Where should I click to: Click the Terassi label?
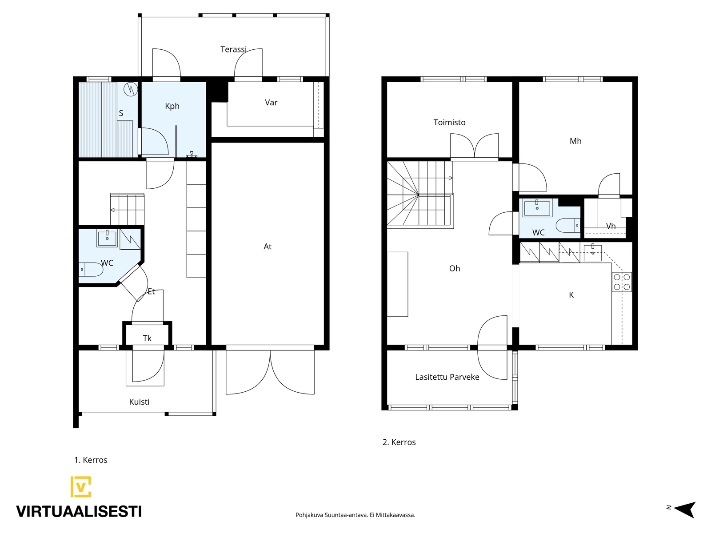(234, 49)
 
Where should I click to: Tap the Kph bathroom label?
(172, 106)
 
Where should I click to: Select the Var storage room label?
(271, 103)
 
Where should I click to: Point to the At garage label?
(268, 247)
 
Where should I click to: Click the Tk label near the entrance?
(147, 338)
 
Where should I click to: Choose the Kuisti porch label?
(139, 402)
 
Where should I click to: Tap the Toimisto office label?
(450, 122)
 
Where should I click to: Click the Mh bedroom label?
(575, 141)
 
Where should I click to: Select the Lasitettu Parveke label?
(447, 377)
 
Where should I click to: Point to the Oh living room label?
(455, 268)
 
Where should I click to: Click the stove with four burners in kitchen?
(622, 282)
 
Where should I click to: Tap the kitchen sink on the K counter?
(593, 253)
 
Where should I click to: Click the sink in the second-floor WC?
(537, 208)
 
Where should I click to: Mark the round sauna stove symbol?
(131, 89)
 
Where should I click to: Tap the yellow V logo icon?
(81, 487)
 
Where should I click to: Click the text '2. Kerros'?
(399, 442)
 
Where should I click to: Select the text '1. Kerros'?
(91, 460)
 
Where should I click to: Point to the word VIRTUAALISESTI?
(79, 512)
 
